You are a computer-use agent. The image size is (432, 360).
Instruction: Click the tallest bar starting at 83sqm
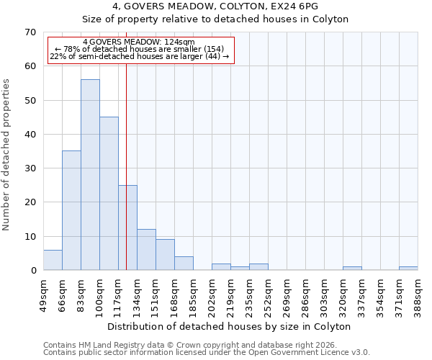90,175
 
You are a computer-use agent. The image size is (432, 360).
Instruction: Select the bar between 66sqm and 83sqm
71,210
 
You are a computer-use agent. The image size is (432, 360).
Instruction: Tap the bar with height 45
109,193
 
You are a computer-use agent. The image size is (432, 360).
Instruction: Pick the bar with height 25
127,228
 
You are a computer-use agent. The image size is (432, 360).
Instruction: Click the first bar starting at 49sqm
53,260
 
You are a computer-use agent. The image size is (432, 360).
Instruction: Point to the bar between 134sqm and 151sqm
146,250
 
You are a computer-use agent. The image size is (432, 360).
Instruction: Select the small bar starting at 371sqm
408,269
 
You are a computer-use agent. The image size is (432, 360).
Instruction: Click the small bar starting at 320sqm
352,269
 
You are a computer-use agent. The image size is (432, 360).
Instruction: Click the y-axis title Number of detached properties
6,155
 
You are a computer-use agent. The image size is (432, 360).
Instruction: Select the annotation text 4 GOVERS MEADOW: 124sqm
138,42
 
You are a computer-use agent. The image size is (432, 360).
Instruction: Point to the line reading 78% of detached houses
140,49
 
